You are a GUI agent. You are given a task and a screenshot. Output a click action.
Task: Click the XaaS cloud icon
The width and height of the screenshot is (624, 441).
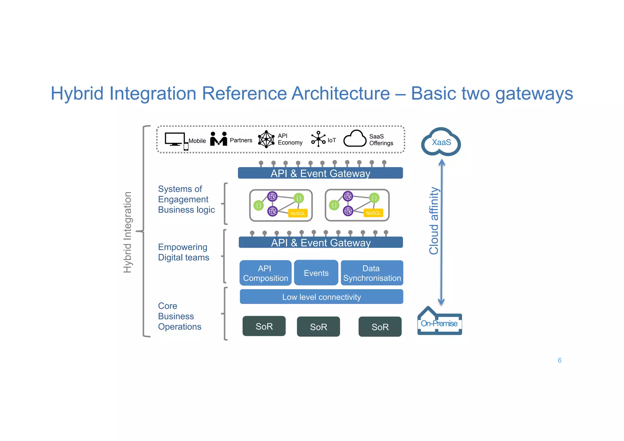(441, 142)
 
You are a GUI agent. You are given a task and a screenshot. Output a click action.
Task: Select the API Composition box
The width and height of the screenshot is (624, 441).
(265, 273)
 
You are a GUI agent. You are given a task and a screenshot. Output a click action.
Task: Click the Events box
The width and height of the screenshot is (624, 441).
(316, 273)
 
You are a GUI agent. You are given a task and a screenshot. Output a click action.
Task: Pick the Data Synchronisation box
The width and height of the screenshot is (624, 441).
(372, 273)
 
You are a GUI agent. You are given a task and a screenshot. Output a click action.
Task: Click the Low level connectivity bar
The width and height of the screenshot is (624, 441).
(321, 297)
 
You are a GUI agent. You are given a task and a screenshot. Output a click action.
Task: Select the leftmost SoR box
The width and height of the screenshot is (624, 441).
(264, 326)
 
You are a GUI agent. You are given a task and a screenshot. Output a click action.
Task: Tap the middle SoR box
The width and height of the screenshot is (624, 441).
(318, 327)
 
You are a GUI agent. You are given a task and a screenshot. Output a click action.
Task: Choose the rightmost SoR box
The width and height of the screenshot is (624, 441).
(380, 327)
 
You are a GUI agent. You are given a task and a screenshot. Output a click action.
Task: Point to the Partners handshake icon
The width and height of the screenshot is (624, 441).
(218, 139)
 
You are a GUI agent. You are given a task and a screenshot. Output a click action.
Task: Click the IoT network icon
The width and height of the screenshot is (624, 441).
(318, 139)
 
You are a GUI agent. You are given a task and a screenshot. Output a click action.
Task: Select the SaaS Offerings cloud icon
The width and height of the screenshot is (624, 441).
(355, 139)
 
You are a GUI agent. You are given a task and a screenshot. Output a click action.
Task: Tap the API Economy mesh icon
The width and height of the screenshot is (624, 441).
(266, 139)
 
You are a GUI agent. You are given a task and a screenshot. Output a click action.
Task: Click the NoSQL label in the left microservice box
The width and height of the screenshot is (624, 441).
(298, 213)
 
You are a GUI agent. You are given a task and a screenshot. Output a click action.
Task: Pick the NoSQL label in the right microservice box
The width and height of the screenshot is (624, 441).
(373, 213)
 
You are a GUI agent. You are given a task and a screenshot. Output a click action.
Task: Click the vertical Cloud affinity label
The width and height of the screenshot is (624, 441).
(434, 221)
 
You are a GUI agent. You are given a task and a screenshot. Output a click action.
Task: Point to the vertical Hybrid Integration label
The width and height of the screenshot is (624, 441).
(127, 232)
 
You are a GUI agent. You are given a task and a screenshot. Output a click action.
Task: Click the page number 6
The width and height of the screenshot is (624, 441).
(559, 360)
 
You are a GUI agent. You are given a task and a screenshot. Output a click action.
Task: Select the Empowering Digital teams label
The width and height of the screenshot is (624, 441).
(183, 252)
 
